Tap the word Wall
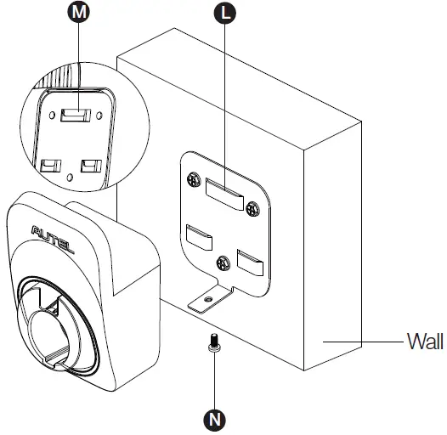tap(424, 342)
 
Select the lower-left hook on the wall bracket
tap(199, 234)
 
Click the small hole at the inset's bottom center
tap(69, 177)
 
